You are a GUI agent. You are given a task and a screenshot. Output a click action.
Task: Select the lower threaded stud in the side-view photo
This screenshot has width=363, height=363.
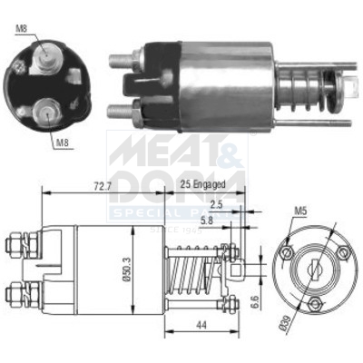point(120,112)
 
